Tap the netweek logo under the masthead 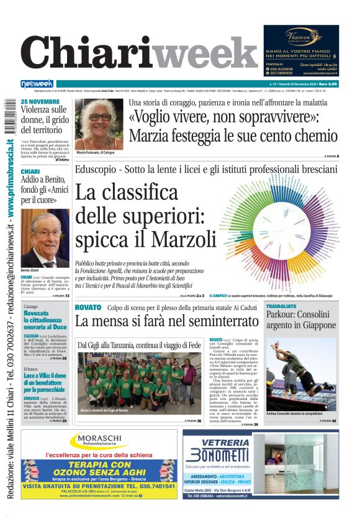point(37,84)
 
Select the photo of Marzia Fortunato point(99,124)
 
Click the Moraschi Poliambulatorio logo point(99,442)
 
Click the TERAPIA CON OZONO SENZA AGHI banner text point(99,469)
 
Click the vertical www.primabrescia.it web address point(11,181)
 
